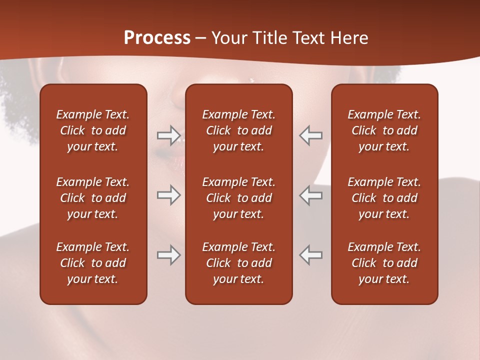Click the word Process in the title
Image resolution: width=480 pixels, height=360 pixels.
tap(157, 38)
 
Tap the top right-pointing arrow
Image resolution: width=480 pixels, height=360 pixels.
tap(168, 135)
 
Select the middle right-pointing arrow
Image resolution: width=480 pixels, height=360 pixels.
tap(168, 195)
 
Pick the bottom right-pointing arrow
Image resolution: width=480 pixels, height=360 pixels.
tap(168, 255)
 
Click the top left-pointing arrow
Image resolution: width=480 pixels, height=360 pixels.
tap(311, 135)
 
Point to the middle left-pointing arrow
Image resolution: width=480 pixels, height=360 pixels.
tap(311, 195)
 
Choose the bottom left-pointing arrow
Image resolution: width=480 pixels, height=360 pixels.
tap(311, 255)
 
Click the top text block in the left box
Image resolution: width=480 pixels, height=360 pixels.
tap(93, 130)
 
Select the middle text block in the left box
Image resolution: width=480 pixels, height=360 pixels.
tap(93, 198)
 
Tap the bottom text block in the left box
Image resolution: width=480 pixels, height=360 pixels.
tap(93, 263)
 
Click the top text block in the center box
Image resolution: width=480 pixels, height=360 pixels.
tap(238, 130)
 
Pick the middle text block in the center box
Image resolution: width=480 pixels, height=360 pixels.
tap(238, 198)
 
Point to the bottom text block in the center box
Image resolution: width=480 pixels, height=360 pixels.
tap(238, 263)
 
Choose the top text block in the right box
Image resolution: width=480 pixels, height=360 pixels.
tap(384, 130)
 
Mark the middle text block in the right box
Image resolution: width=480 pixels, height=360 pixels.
tap(384, 198)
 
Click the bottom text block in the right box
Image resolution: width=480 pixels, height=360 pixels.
tap(384, 263)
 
